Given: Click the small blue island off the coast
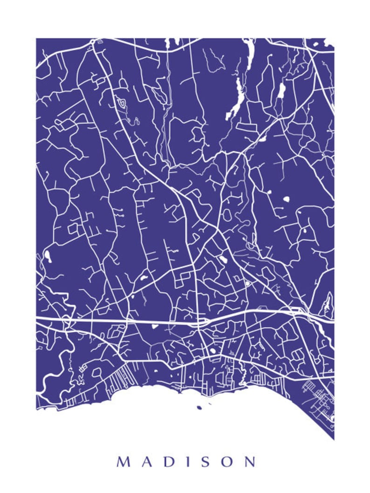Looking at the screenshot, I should tap(199, 408).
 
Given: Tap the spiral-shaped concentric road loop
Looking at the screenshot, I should tap(122, 103).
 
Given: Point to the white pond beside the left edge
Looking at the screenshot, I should tap(48, 255).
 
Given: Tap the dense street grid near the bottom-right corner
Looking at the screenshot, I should tap(319, 396).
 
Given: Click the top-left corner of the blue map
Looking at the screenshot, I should tap(37, 39).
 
